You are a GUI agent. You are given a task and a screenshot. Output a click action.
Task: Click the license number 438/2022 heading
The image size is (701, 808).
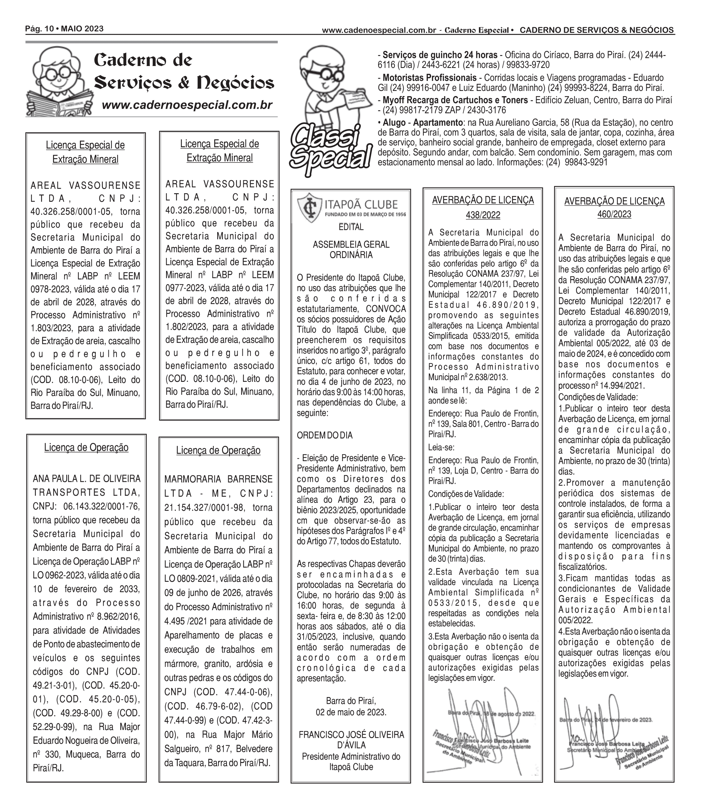pyautogui.click(x=483, y=215)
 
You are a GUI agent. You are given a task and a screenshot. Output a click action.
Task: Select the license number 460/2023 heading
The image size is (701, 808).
pyautogui.click(x=614, y=214)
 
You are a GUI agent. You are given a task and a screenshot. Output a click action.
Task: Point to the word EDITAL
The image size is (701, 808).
pyautogui.click(x=351, y=227)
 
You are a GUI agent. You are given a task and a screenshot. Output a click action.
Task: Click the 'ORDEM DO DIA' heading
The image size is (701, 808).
pyautogui.click(x=325, y=435)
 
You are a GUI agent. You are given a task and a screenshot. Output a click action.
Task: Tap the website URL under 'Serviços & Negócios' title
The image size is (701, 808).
pyautogui.click(x=187, y=105)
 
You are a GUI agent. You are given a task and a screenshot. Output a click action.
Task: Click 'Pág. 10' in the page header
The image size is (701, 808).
pyautogui.click(x=38, y=29)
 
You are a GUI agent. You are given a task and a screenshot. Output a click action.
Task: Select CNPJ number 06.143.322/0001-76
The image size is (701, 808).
pyautogui.click(x=101, y=506)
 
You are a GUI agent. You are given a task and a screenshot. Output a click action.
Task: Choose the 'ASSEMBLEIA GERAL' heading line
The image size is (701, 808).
pyautogui.click(x=351, y=244)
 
